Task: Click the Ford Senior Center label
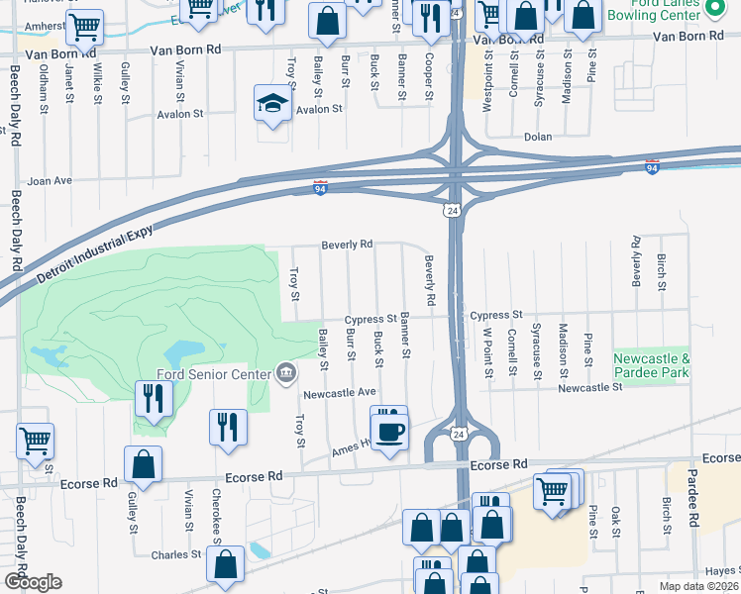pos(213,374)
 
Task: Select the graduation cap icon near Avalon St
pos(270,104)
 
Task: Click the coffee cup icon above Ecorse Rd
pos(389,432)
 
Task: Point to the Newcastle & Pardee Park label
pos(650,364)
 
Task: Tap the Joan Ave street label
pos(50,181)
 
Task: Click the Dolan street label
pos(538,138)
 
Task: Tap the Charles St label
pos(176,555)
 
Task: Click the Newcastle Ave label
pos(340,392)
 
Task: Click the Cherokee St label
pos(215,511)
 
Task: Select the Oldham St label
pos(44,87)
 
